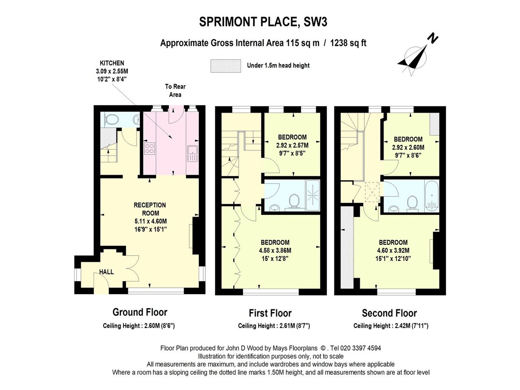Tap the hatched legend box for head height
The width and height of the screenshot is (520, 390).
[225, 66]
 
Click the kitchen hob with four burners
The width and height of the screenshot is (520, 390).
[150, 149]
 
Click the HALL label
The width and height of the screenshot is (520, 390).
[107, 272]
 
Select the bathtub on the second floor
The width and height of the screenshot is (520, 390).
[431, 196]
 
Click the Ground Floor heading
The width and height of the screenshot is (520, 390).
[140, 312]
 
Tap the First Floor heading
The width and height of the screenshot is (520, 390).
[270, 313]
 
